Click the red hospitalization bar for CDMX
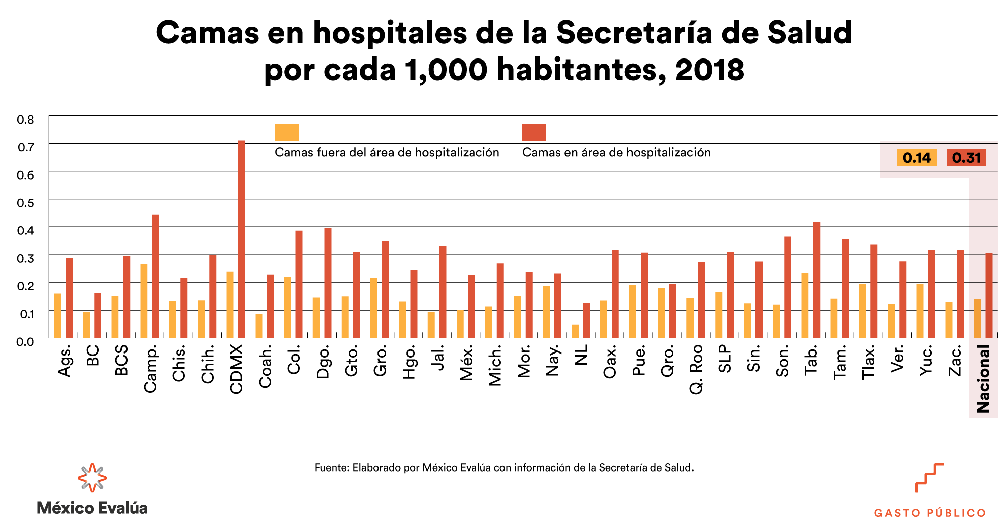pyautogui.click(x=241, y=239)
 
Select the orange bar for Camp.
pyautogui.click(x=144, y=301)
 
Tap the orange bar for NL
pyautogui.click(x=575, y=331)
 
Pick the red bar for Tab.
pyautogui.click(x=816, y=280)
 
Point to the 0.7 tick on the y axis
pyautogui.click(x=25, y=147)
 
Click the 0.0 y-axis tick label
pyautogui.click(x=25, y=342)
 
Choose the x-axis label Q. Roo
pyautogui.click(x=697, y=369)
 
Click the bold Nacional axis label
pyautogui.click(x=983, y=379)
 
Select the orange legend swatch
pyautogui.click(x=287, y=132)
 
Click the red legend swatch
pyautogui.click(x=534, y=132)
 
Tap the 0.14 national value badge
pyautogui.click(x=917, y=158)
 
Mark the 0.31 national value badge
pyautogui.click(x=966, y=158)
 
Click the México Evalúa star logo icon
pyautogui.click(x=92, y=478)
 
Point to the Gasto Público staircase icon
pyautogui.click(x=929, y=478)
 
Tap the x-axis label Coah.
pyautogui.click(x=266, y=367)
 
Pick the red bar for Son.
pyautogui.click(x=788, y=287)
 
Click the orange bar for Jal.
pyautogui.click(x=431, y=325)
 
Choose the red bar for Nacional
pyautogui.click(x=989, y=295)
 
